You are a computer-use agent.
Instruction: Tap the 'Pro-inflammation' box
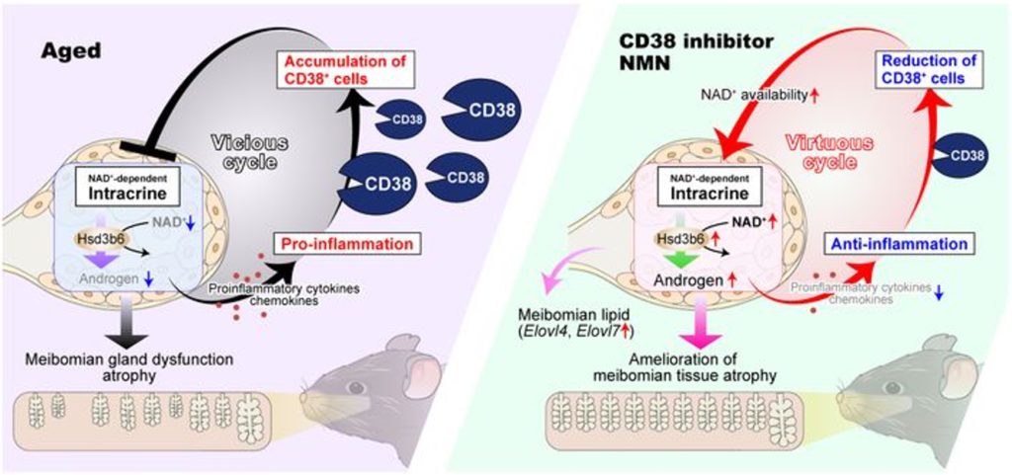pyautogui.click(x=343, y=240)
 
